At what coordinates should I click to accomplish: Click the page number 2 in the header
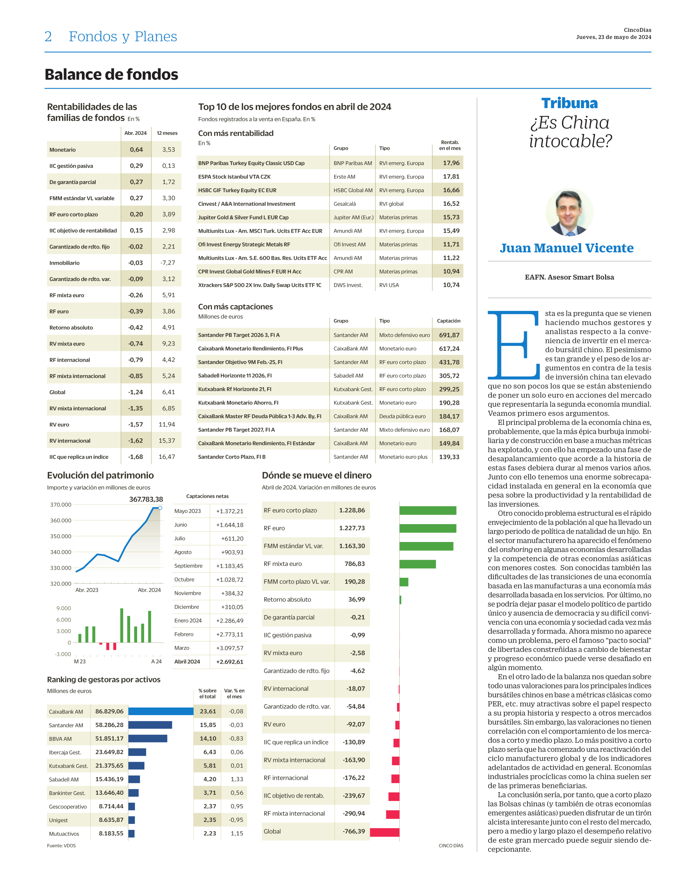[x=48, y=37]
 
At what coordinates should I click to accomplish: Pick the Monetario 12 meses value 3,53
[x=168, y=149]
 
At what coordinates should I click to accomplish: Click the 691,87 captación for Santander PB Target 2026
[x=449, y=335]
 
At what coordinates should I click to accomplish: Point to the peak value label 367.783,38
[x=146, y=499]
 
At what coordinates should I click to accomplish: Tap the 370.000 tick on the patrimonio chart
[x=61, y=504]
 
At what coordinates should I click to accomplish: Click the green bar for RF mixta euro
[x=417, y=564]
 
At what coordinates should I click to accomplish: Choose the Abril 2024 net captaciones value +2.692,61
[x=229, y=662]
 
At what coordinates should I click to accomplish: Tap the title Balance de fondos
[x=111, y=75]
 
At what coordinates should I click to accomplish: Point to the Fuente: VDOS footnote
[x=61, y=845]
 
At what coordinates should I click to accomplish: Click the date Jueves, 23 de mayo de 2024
[x=613, y=37]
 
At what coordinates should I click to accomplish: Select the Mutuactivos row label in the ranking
[x=64, y=834]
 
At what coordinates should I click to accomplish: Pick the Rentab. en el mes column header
[x=450, y=145]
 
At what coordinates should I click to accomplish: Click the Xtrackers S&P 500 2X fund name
[x=260, y=285]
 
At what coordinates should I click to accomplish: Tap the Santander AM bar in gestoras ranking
[x=150, y=725]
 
